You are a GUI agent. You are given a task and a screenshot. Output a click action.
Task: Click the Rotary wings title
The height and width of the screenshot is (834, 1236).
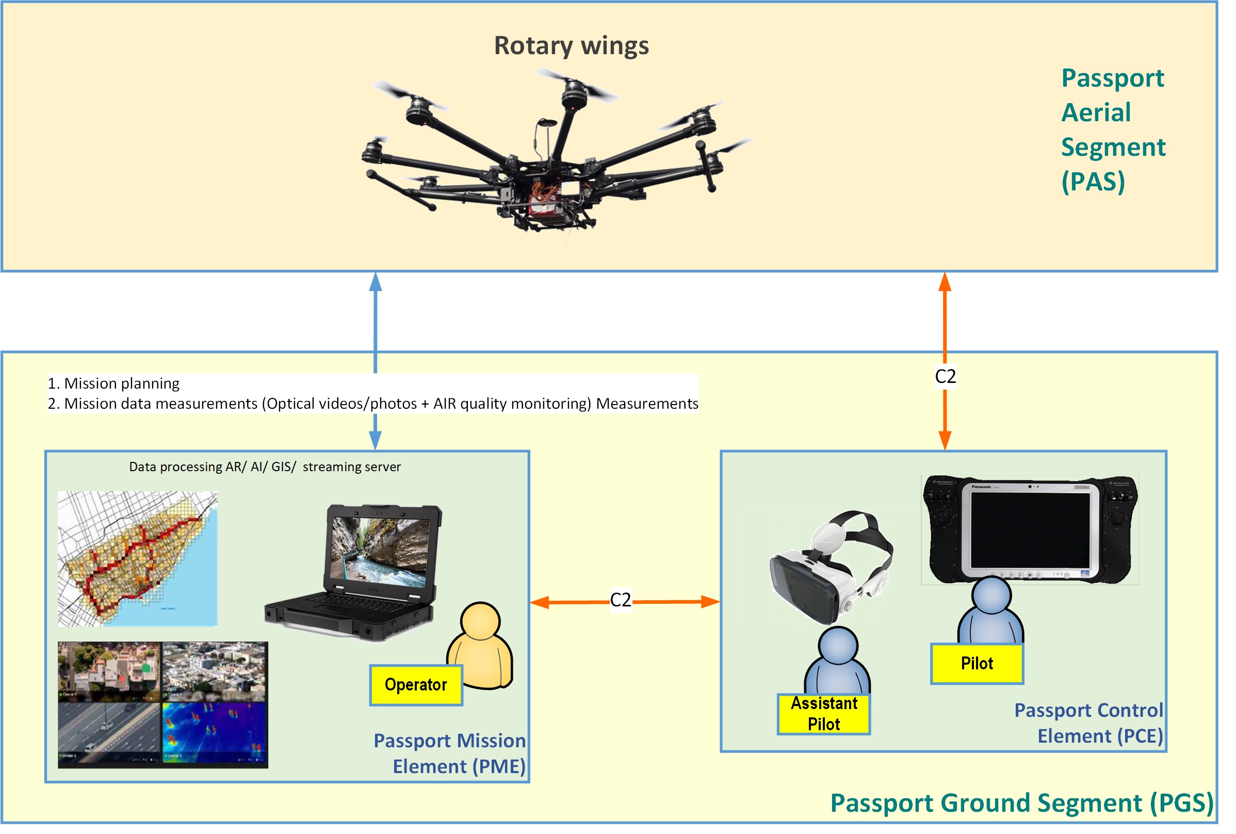571,45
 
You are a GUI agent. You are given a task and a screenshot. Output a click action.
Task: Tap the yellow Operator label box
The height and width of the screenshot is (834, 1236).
416,684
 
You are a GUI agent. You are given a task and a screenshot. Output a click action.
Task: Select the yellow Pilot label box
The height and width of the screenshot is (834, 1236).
977,663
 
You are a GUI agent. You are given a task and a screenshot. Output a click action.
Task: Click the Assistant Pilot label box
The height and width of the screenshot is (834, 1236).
823,714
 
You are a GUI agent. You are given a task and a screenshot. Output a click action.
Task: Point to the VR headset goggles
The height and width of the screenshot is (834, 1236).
830,569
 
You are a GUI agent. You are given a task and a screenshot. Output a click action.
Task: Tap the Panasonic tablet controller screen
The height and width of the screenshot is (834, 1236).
1030,531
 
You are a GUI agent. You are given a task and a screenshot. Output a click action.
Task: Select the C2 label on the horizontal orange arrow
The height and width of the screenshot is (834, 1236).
620,600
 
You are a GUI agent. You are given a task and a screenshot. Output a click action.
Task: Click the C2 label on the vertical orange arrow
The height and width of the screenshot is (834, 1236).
945,377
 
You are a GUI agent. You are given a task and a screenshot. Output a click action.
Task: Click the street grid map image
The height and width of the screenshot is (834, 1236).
137,558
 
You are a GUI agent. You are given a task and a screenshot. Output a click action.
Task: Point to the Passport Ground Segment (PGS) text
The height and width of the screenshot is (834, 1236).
1021,803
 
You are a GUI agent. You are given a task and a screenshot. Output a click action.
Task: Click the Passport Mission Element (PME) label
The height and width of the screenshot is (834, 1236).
450,753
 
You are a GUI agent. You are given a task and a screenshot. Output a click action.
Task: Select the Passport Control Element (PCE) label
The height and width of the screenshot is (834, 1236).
1088,723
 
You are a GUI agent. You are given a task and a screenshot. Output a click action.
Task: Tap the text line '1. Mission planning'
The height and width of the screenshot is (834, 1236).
114,383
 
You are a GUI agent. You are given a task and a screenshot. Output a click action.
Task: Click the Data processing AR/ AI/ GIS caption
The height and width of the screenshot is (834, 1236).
265,467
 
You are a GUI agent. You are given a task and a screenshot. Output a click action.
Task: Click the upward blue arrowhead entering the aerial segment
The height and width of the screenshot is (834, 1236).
376,282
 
